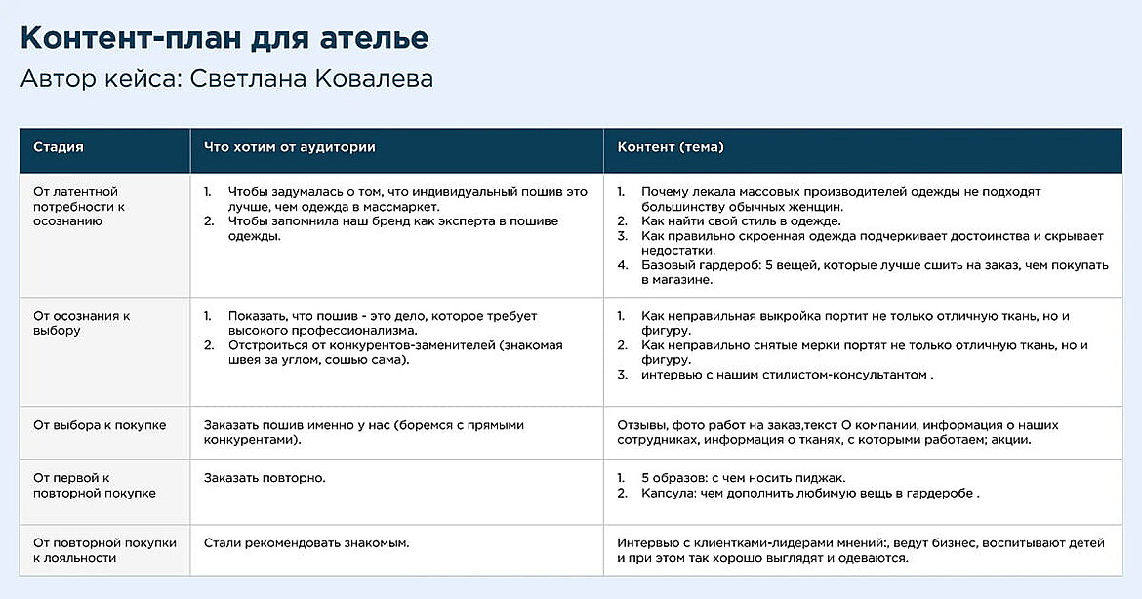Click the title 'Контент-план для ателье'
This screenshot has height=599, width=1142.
coord(224,38)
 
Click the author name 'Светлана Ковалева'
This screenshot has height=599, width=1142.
coord(312,79)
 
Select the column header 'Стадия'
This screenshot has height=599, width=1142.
coord(59,147)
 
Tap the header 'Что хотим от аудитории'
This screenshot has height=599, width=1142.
coord(289,147)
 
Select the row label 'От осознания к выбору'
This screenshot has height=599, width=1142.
coord(82,323)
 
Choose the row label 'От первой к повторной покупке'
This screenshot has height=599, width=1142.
coord(95,486)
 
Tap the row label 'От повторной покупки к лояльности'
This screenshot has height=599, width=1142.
coord(104,550)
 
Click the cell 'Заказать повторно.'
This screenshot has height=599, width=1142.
coord(264,478)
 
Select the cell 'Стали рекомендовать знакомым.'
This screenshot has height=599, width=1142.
coord(306,542)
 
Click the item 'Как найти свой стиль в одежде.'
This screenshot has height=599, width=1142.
coord(741,221)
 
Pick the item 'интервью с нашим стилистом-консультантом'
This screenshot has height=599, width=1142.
coord(787,375)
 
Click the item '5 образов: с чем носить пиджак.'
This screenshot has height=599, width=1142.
coord(743,478)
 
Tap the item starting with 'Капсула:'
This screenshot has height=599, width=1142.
coord(810,494)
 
